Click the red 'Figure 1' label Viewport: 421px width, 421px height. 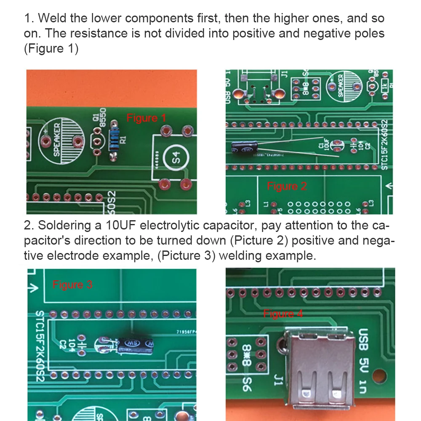(146, 118)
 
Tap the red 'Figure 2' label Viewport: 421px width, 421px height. (287, 187)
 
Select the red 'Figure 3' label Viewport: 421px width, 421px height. (72, 285)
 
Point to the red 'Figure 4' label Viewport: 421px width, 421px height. (283, 314)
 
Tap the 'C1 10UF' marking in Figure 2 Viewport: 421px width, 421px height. (324, 145)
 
